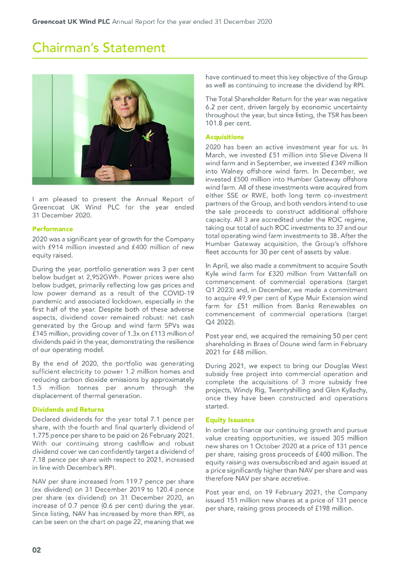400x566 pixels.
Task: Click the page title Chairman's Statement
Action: pos(99,48)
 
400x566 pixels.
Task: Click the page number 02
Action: pos(36,550)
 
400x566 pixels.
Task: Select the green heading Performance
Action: pos(52,228)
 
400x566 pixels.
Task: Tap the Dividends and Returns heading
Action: pos(68,409)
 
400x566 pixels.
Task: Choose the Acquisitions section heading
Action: pos(224,137)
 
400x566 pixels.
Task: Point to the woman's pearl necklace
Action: pos(127,128)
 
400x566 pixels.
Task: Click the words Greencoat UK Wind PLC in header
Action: pos(71,22)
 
